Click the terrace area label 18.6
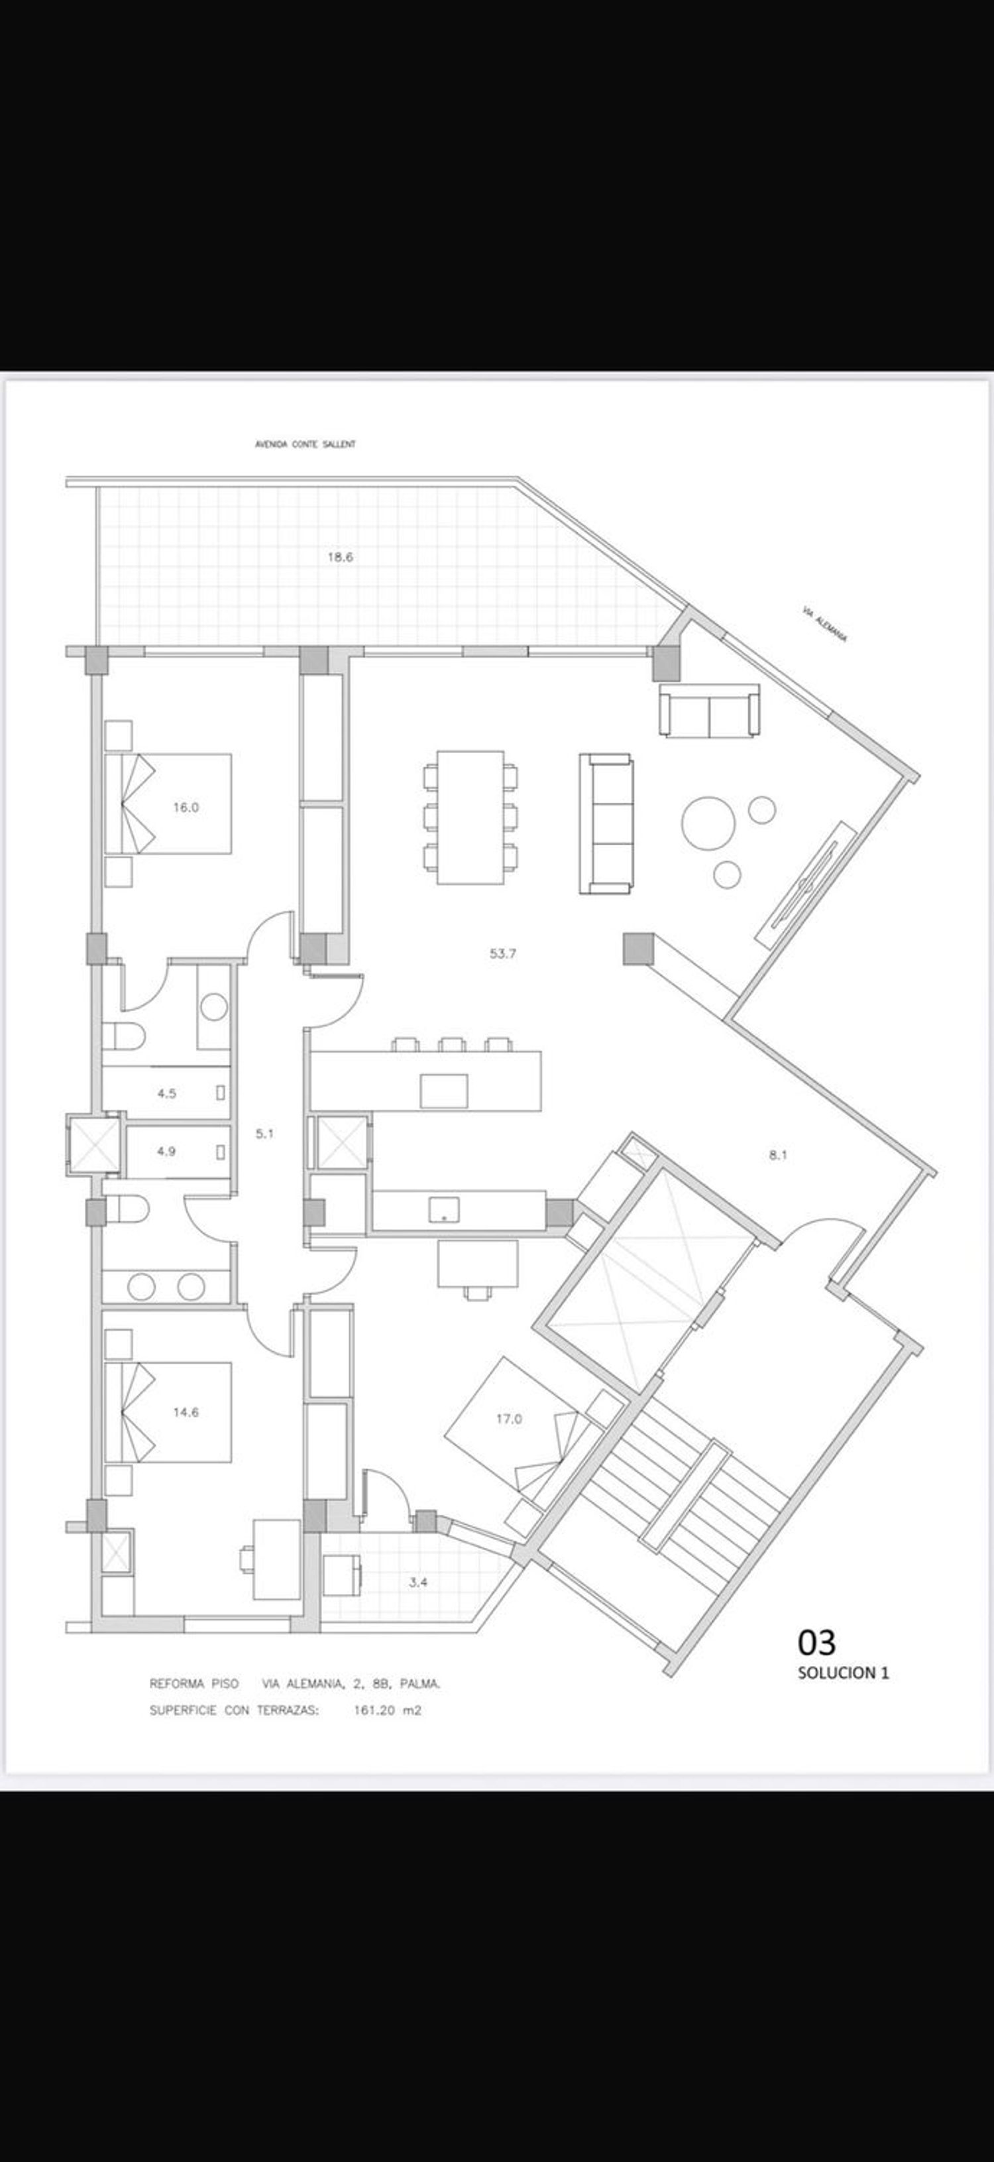click(x=340, y=556)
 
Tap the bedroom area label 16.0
click(x=186, y=808)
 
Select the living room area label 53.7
click(x=502, y=953)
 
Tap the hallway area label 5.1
click(x=264, y=1133)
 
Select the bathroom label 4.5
click(x=166, y=1093)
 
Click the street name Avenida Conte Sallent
click(x=305, y=444)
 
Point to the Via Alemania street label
click(x=824, y=626)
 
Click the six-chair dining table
click(x=470, y=817)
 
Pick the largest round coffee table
click(x=708, y=823)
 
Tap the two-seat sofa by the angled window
click(x=710, y=711)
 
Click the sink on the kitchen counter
click(x=444, y=1209)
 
